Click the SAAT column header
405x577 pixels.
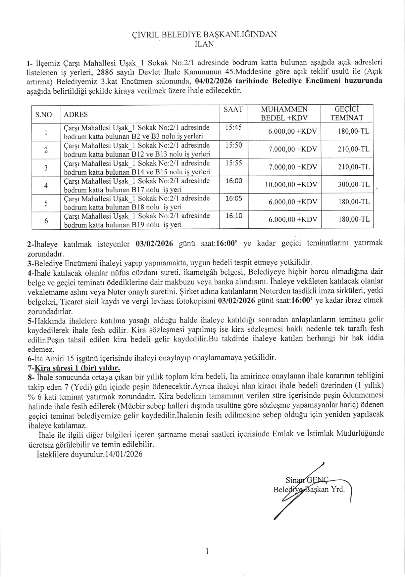(233, 109)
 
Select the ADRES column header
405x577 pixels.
(76, 114)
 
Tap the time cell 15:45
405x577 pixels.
(233, 127)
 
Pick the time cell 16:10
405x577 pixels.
(234, 216)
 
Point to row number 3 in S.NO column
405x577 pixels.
(46, 168)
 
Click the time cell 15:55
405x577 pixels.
(234, 163)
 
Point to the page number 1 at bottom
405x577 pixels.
(207, 551)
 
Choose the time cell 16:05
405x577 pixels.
(234, 198)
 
